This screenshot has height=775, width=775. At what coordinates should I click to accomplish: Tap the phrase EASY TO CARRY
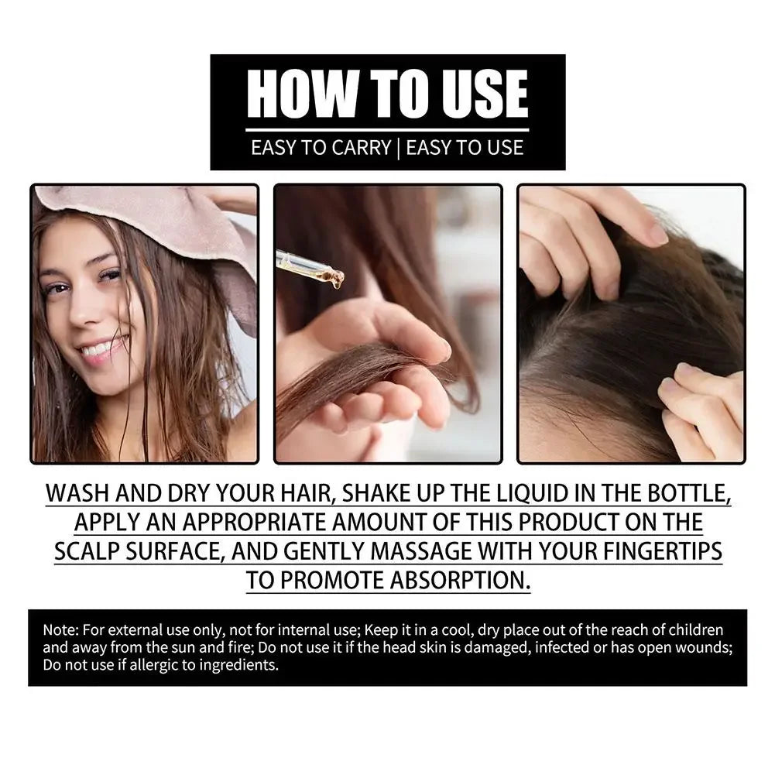point(321,147)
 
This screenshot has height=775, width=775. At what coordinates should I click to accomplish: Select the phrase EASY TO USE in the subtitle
point(465,147)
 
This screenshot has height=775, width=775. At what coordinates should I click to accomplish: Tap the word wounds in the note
point(700,647)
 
